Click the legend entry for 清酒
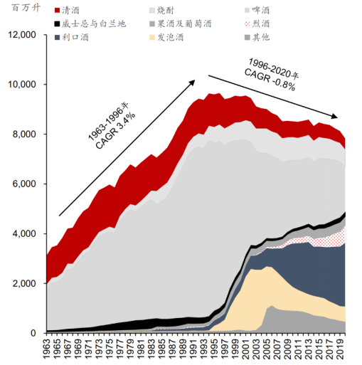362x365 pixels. point(67,11)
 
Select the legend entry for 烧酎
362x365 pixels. point(162,11)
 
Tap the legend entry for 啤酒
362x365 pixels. point(257,11)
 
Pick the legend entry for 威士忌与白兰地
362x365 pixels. point(90,23)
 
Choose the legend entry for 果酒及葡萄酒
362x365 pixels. point(181,23)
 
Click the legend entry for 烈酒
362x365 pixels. point(257,23)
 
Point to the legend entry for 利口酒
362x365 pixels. point(72,37)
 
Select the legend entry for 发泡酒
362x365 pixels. point(166,37)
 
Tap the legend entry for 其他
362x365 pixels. point(257,37)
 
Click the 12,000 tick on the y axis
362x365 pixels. point(22,35)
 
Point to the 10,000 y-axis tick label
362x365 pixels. point(22,85)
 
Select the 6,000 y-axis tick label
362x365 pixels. point(24,184)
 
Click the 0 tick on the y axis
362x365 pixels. point(33,333)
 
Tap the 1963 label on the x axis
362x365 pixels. point(47,349)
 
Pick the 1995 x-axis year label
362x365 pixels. point(215,349)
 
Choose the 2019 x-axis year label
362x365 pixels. point(341,349)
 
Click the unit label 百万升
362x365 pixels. point(26,8)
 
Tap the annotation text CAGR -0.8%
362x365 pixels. point(270,80)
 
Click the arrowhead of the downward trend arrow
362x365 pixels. point(334,116)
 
